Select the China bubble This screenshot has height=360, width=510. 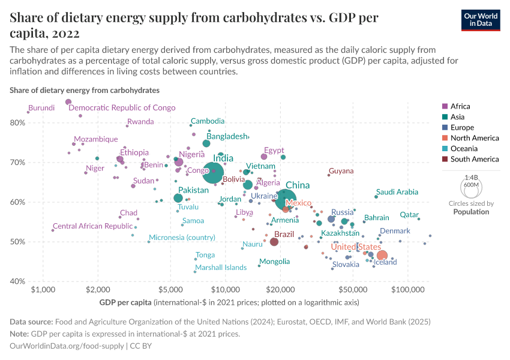pos(286,200)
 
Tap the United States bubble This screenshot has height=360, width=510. pos(382,256)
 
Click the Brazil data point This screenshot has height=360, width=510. pos(274,242)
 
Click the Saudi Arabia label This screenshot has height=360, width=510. pos(397,192)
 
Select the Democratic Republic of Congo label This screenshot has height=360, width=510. pos(122,108)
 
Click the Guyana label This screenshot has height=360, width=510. pos(341,171)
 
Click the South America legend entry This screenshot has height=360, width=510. pos(474,159)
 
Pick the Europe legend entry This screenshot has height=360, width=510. pos(462,127)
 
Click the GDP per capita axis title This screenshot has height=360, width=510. pos(125,302)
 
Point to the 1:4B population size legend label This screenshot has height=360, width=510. pos(472,178)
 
